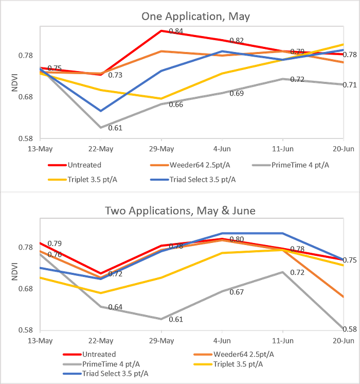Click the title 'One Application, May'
click(x=195, y=16)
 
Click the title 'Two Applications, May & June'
click(x=180, y=211)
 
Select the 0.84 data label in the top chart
click(x=176, y=31)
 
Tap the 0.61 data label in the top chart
click(x=115, y=128)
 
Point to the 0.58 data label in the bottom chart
click(x=350, y=329)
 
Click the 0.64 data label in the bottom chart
click(x=115, y=307)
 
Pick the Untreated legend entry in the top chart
click(x=75, y=165)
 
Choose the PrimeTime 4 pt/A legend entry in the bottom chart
click(x=101, y=364)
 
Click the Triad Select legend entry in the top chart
click(x=193, y=180)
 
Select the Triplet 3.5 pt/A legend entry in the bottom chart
click(x=228, y=364)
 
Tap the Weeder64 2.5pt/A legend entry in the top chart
click(x=190, y=165)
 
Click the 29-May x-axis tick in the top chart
click(x=161, y=149)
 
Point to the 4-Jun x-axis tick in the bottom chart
click(x=222, y=341)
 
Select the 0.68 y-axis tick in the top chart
click(x=25, y=97)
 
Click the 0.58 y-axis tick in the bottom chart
click(x=25, y=330)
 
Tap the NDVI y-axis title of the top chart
click(x=15, y=82)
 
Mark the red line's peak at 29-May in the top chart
click(x=161, y=31)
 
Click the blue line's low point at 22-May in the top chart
click(x=101, y=111)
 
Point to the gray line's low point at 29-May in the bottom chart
click(x=161, y=319)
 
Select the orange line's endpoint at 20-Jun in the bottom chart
click(x=344, y=297)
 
